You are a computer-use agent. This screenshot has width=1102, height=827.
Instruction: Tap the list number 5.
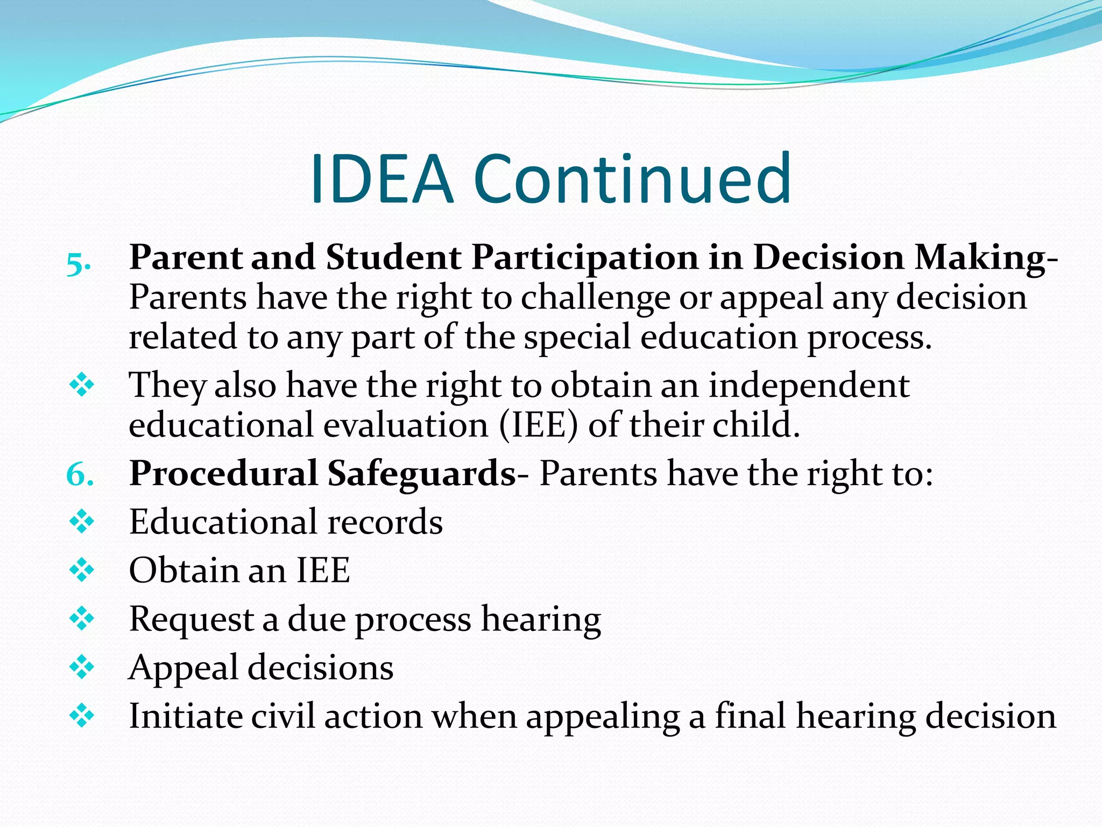point(77,264)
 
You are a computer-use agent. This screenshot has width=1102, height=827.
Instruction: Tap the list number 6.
point(80,475)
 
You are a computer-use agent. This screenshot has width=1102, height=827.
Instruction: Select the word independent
point(809,386)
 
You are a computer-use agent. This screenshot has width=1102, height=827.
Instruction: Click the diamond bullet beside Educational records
point(82,522)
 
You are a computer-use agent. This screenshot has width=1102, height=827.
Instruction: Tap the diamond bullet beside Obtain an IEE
point(82,570)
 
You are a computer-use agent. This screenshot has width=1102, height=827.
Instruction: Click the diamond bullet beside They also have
point(82,386)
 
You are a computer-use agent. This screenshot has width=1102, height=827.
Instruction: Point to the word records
point(384,522)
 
